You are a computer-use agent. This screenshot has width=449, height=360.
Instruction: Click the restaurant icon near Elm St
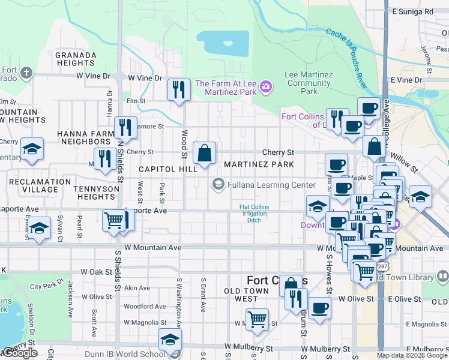click(x=178, y=91)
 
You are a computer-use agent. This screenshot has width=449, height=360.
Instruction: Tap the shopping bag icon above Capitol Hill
click(x=205, y=153)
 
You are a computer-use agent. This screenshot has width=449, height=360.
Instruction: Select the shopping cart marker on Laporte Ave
click(x=113, y=220)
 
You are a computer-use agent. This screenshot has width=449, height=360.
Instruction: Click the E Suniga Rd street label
click(x=412, y=11)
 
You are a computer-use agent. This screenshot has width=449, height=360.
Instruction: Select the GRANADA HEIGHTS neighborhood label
click(x=76, y=59)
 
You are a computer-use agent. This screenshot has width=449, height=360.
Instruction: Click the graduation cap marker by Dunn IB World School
click(x=170, y=340)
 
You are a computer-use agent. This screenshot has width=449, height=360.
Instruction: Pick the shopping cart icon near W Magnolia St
click(x=257, y=319)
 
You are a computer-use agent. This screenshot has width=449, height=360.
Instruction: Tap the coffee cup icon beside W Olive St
click(x=320, y=309)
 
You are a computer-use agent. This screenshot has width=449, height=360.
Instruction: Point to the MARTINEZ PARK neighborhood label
click(x=259, y=164)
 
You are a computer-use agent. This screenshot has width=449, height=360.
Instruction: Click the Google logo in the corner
click(x=20, y=353)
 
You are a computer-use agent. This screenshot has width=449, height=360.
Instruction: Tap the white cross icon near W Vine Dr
click(x=26, y=73)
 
